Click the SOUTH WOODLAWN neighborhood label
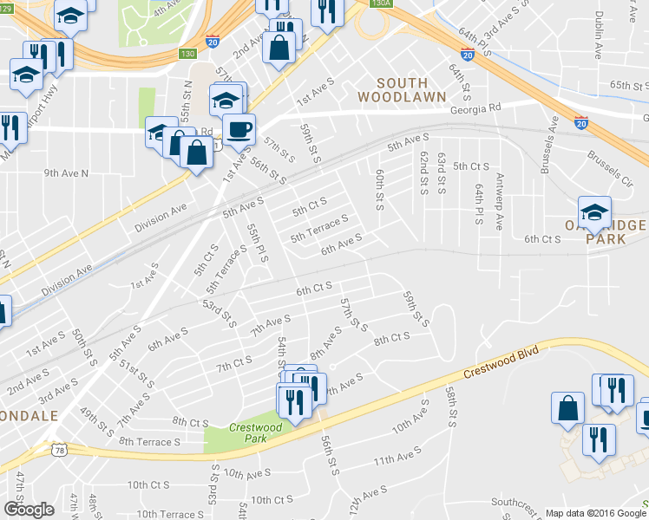pyautogui.click(x=402, y=89)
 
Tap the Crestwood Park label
pyautogui.click(x=247, y=432)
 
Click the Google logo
pyautogui.click(x=29, y=510)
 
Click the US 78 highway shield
pyautogui.click(x=58, y=451)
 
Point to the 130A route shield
pyautogui.click(x=379, y=3)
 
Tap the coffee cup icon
pyautogui.click(x=239, y=129)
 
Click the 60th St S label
pyautogui.click(x=379, y=189)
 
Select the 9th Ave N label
pyautogui.click(x=67, y=173)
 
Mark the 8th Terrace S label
pyautogui.click(x=149, y=441)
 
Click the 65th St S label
pyautogui.click(x=629, y=85)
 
